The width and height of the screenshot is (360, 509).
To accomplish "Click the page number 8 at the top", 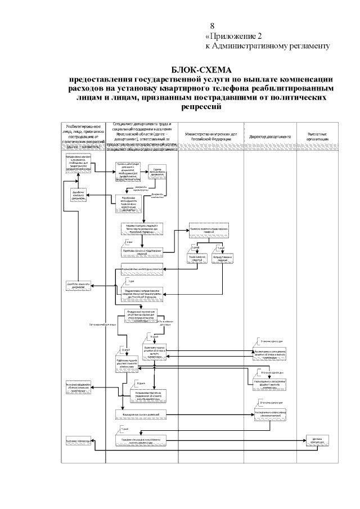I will tap(212, 26).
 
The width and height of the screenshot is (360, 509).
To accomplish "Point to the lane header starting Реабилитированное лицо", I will tap(83, 137).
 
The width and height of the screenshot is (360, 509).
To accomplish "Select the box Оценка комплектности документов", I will tap(157, 173).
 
